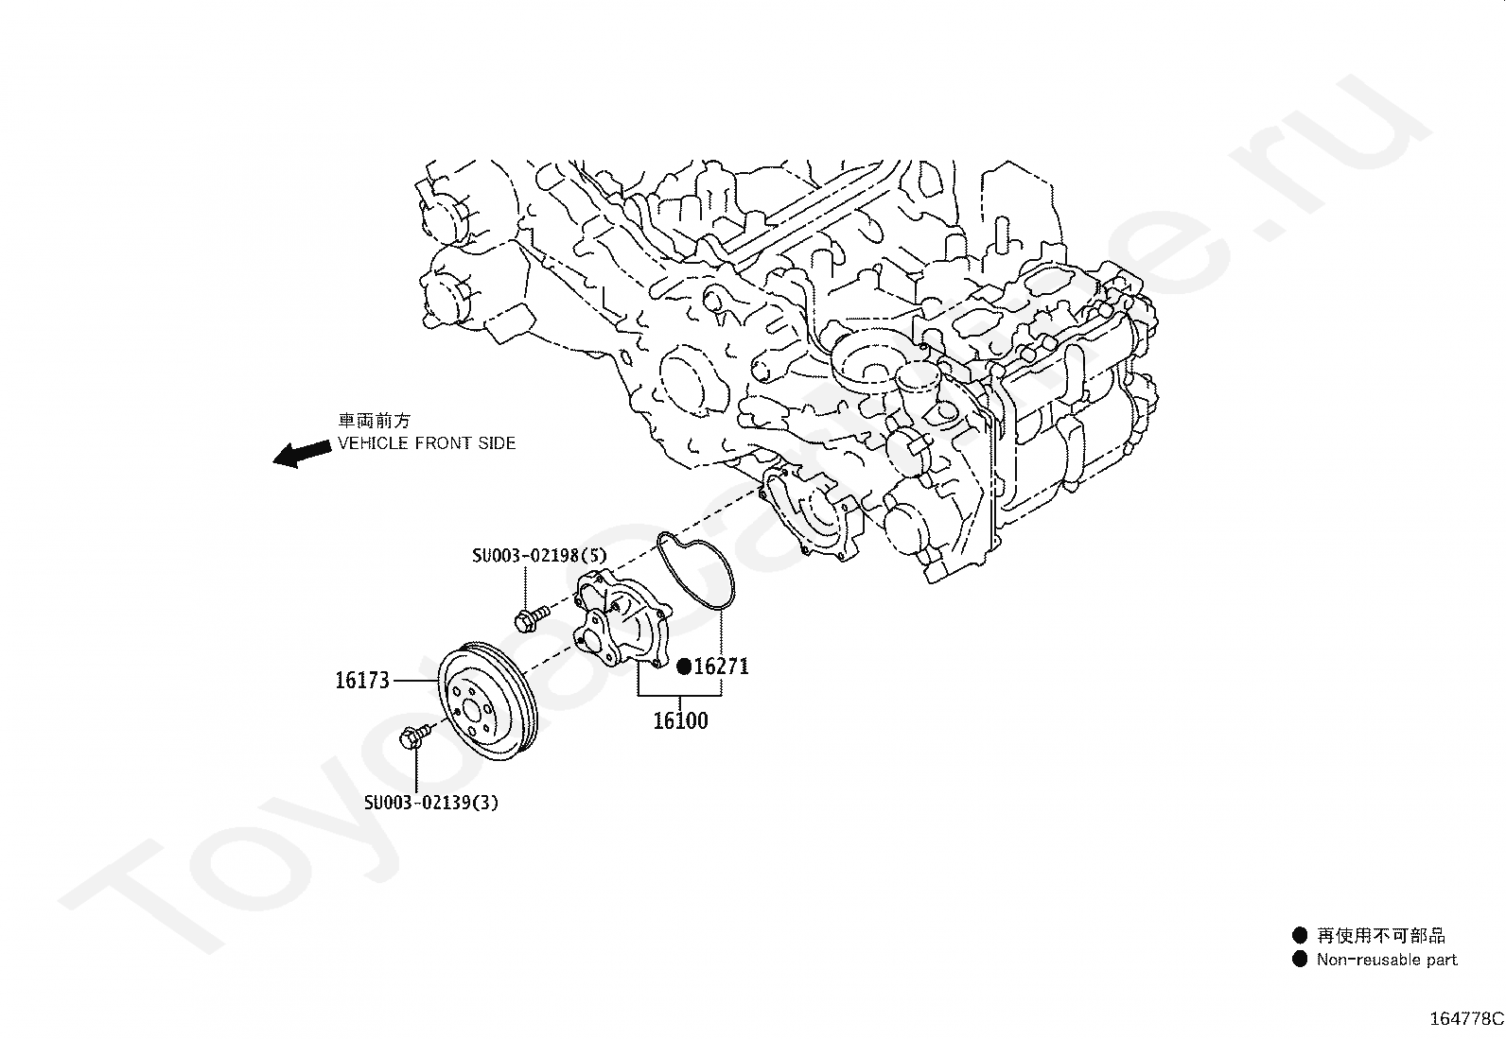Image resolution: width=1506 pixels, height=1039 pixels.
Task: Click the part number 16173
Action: pyautogui.click(x=362, y=680)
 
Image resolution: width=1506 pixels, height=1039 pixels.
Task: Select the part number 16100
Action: pyautogui.click(x=680, y=721)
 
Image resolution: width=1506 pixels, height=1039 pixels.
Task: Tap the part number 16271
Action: pyautogui.click(x=722, y=667)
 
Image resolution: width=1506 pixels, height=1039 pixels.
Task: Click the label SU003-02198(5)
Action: pyautogui.click(x=540, y=557)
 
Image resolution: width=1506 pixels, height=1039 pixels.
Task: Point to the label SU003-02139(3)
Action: pyautogui.click(x=431, y=803)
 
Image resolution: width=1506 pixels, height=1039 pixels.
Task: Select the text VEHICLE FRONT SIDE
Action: pyautogui.click(x=428, y=442)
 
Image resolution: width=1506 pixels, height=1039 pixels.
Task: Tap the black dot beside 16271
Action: pyautogui.click(x=684, y=667)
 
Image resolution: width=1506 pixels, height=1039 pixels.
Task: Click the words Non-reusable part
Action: pyautogui.click(x=1387, y=960)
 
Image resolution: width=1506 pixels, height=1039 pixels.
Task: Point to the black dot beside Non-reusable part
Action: pyautogui.click(x=1300, y=959)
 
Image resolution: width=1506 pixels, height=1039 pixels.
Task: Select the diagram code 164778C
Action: pyautogui.click(x=1465, y=1018)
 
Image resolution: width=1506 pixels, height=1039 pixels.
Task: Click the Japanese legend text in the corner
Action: pyautogui.click(x=1381, y=935)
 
